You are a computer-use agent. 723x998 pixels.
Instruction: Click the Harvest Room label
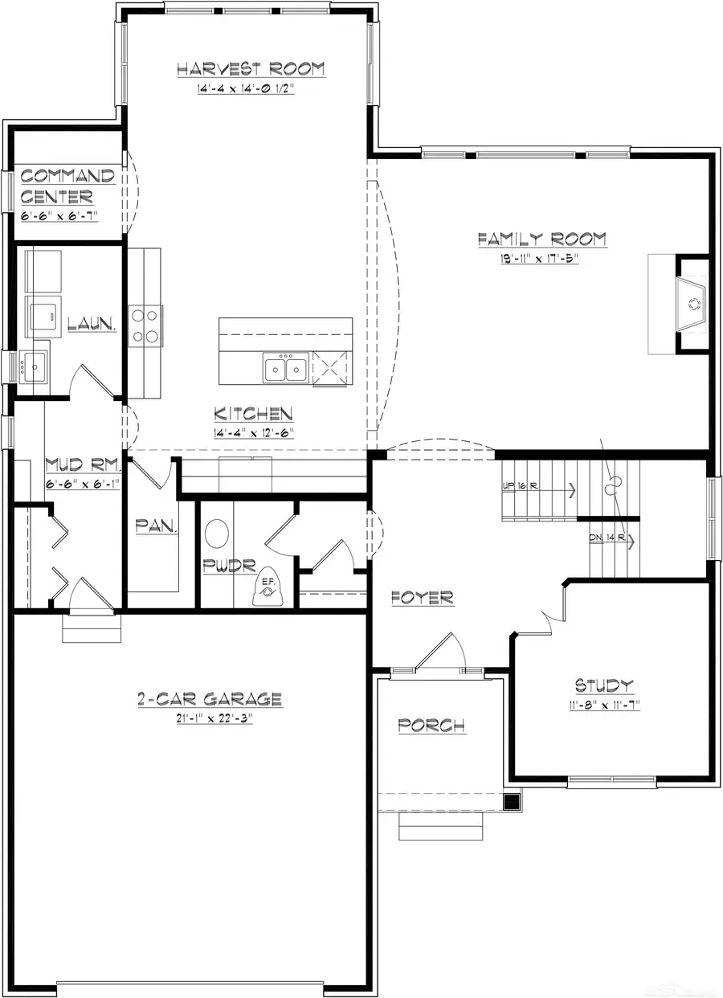click(x=251, y=69)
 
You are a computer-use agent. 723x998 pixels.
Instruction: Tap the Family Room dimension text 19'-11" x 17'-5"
click(x=540, y=259)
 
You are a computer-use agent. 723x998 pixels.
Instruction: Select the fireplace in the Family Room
click(x=692, y=304)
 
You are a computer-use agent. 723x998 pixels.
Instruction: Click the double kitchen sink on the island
click(x=285, y=369)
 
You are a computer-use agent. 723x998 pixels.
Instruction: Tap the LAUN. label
click(x=92, y=325)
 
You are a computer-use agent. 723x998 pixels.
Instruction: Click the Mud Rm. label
click(x=84, y=464)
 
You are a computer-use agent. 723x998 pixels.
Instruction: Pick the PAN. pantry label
click(x=157, y=527)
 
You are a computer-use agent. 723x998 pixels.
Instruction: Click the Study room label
click(x=604, y=685)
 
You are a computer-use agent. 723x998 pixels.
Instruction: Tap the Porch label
click(x=431, y=725)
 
